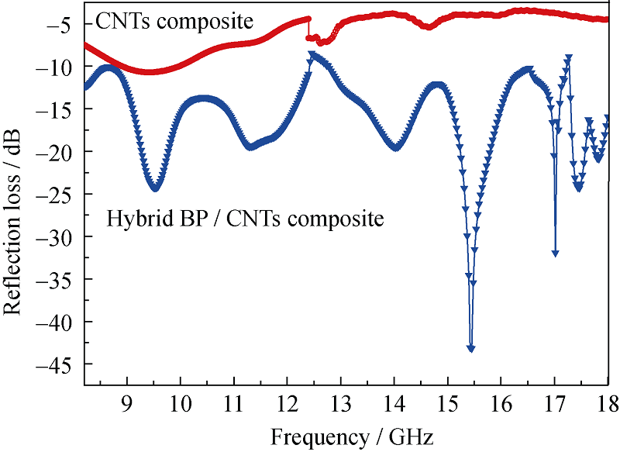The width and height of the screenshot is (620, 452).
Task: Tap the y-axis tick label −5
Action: coord(63,25)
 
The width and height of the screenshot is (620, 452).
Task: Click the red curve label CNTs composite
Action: coord(170,20)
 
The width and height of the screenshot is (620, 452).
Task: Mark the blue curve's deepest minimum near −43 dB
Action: coord(470,348)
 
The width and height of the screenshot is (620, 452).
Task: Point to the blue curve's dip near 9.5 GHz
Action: coord(154,187)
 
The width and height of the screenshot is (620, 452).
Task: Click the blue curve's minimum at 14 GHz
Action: coord(396,147)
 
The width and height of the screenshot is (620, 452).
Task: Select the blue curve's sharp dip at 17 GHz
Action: coord(555,253)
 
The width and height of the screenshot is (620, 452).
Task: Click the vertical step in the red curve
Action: coord(308,28)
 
